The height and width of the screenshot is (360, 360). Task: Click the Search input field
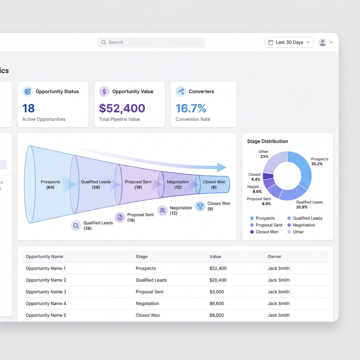click(x=151, y=42)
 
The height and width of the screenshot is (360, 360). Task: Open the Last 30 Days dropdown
click(x=289, y=42)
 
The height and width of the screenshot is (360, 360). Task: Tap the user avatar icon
click(x=322, y=42)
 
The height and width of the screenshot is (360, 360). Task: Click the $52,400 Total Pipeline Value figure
click(x=122, y=108)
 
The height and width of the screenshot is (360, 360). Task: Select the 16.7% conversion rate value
click(x=191, y=108)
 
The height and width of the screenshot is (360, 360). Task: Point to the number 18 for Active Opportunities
click(x=29, y=108)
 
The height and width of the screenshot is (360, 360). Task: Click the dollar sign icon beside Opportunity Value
click(x=104, y=91)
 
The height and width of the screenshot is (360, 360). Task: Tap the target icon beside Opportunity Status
click(x=27, y=91)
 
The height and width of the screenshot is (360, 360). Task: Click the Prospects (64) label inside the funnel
click(x=50, y=185)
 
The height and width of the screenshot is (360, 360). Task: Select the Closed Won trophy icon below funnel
click(x=200, y=206)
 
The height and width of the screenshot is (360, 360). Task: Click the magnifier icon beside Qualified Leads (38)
click(x=76, y=226)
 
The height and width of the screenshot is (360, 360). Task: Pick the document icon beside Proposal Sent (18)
click(x=120, y=217)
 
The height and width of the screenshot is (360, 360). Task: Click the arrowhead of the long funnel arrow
click(x=221, y=167)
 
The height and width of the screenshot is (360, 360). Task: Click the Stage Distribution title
click(x=267, y=141)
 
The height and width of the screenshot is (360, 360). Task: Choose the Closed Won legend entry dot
click(x=252, y=232)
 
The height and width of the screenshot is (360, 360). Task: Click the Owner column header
click(x=274, y=257)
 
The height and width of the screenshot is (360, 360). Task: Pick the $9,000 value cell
click(x=217, y=292)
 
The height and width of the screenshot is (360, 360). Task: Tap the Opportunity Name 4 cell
click(x=46, y=303)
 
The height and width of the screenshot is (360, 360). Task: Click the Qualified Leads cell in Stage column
click(x=151, y=280)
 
